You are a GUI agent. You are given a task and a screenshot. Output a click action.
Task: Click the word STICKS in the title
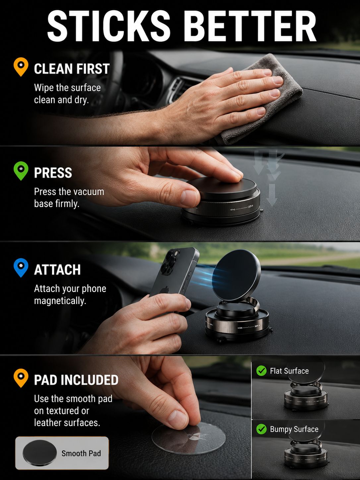(109, 26)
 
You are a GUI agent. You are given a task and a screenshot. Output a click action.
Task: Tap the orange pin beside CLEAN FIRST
(21, 67)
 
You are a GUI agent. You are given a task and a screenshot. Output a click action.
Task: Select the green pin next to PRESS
(21, 171)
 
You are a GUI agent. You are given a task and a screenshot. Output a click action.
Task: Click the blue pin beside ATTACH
(21, 268)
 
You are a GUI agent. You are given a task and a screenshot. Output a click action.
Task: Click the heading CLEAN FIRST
(72, 69)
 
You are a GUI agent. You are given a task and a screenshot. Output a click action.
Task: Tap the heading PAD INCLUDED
(76, 380)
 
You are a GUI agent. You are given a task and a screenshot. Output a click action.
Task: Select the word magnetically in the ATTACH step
(60, 301)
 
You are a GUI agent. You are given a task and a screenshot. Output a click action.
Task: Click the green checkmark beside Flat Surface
(261, 371)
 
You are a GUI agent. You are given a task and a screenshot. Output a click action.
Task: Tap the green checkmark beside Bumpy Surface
(261, 429)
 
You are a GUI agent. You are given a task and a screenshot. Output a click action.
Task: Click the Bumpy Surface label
(294, 429)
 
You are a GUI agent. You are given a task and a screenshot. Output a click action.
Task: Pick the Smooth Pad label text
(81, 453)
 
